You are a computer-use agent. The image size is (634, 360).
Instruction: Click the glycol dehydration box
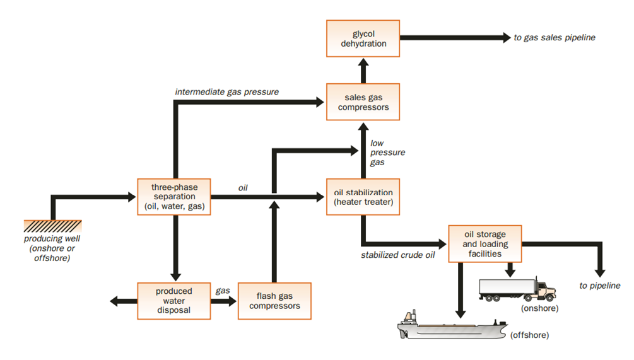click(363, 38)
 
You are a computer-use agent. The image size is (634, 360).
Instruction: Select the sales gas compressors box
click(363, 102)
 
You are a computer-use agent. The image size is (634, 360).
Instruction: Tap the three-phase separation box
click(174, 197)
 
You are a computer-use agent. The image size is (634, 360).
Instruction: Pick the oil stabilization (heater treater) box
click(363, 197)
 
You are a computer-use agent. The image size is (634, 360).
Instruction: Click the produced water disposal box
click(174, 301)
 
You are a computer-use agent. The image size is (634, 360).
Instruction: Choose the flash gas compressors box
click(274, 301)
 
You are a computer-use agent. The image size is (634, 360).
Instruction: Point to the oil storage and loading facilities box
click(485, 244)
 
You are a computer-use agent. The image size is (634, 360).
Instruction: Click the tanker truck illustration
click(517, 289)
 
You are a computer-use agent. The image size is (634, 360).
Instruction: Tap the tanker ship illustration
click(452, 326)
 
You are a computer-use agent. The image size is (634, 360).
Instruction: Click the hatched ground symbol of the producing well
click(52, 226)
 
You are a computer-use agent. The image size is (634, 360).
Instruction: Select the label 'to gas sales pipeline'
click(555, 38)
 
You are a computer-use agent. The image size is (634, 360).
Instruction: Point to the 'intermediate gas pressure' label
click(227, 91)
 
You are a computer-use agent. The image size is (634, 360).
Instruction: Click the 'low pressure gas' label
click(387, 153)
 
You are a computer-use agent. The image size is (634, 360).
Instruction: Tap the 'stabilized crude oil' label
click(398, 255)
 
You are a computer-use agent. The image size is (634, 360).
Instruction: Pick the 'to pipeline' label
click(600, 286)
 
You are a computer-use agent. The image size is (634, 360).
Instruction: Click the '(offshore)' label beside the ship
click(530, 335)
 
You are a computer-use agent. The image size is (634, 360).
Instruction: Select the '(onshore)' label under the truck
click(540, 308)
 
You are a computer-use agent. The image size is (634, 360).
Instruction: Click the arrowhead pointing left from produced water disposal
click(115, 301)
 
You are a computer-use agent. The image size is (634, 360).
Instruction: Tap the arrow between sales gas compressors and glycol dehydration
click(363, 71)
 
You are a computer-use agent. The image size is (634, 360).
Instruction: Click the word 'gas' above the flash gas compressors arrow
click(223, 291)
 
